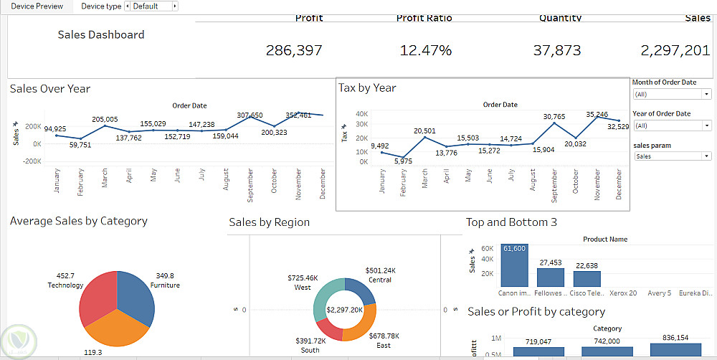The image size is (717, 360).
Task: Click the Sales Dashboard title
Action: click(101, 34)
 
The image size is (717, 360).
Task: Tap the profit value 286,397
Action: click(294, 50)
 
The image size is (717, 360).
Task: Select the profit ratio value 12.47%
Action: click(426, 50)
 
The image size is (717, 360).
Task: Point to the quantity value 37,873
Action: click(557, 50)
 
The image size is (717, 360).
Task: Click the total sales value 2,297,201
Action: click(675, 50)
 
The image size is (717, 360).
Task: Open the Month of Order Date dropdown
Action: click(672, 94)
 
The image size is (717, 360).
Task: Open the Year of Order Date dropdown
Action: click(672, 125)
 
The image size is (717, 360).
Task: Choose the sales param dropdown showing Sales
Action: click(672, 156)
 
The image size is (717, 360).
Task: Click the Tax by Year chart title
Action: click(367, 87)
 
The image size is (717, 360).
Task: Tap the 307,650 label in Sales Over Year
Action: click(250, 115)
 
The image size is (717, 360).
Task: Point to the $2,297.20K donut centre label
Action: click(343, 310)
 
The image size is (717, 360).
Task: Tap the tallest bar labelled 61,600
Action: click(515, 265)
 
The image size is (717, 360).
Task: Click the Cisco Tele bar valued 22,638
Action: click(587, 278)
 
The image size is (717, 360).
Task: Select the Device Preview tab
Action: click(37, 6)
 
